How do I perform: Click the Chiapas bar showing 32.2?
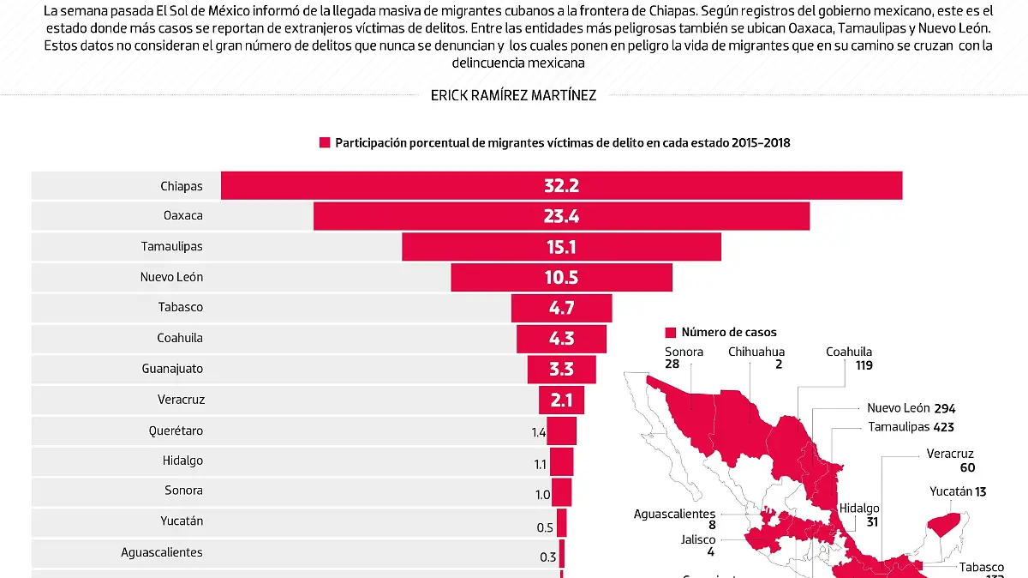tap(561, 186)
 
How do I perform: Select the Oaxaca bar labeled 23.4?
tap(561, 216)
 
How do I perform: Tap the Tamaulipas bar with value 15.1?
tap(561, 247)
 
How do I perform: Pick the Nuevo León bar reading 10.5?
tap(561, 277)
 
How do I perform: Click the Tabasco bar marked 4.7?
tap(561, 308)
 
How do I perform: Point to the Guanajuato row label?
tap(172, 369)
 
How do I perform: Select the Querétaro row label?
tap(175, 430)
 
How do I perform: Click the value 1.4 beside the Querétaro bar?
tap(538, 432)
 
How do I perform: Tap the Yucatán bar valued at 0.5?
tap(562, 522)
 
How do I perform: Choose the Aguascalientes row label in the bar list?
tap(162, 552)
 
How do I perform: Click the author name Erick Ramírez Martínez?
tap(513, 96)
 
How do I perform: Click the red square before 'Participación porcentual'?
tap(325, 143)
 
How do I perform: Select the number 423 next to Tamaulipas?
tap(944, 427)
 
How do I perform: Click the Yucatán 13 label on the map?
tap(958, 491)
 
